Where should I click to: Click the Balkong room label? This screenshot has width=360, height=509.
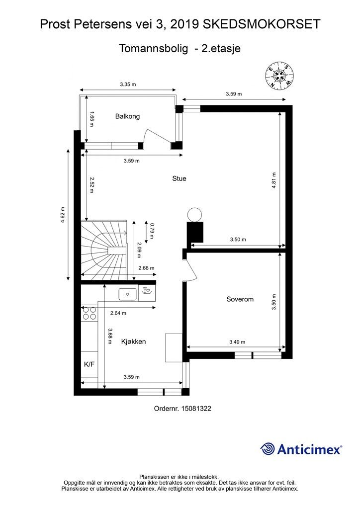[x=127, y=116]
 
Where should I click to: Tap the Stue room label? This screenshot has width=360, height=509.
[x=179, y=178]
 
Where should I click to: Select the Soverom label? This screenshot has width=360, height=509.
[x=240, y=299]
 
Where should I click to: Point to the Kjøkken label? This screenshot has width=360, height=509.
[x=133, y=341]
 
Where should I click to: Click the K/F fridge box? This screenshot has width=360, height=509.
[x=90, y=364]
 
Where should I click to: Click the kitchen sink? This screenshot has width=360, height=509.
[x=127, y=294]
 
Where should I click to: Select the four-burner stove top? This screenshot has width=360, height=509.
[x=90, y=313]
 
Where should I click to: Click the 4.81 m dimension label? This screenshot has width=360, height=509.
[x=274, y=180]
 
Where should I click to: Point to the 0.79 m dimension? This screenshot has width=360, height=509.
[x=152, y=230]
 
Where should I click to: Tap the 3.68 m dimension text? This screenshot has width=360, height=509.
[x=110, y=336]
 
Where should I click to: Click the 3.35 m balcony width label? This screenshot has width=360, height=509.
[x=128, y=85]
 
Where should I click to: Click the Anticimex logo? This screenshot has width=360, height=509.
[x=301, y=449]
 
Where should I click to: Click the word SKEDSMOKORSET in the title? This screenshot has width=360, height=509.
[x=262, y=24]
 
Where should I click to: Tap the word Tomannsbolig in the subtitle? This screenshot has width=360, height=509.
[x=154, y=48]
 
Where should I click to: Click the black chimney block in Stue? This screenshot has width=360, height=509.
[x=195, y=232]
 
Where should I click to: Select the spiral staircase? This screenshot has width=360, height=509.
[x=103, y=250]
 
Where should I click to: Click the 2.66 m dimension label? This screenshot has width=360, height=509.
[x=146, y=268]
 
